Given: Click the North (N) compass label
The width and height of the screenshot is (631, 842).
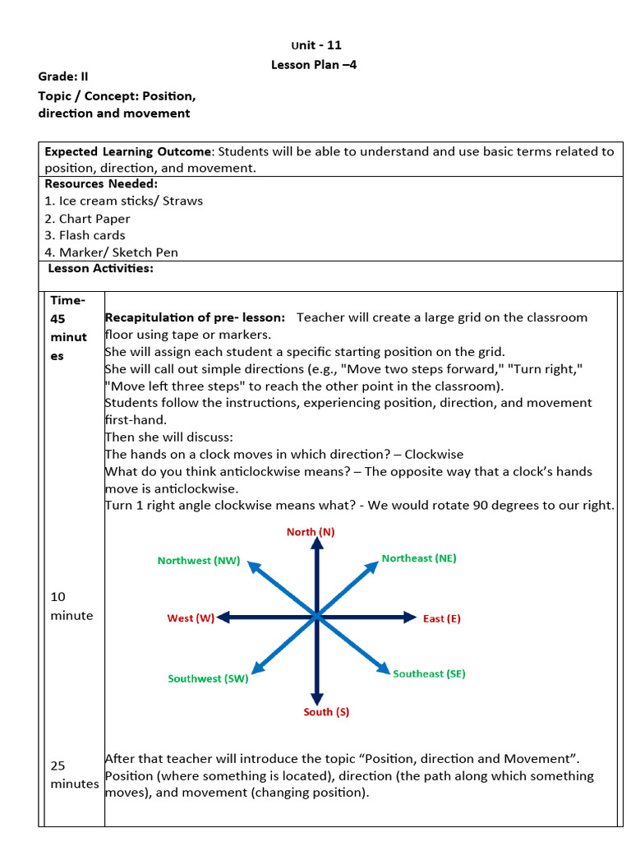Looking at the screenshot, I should pyautogui.click(x=311, y=532).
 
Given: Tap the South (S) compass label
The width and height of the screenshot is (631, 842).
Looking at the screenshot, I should pyautogui.click(x=326, y=712).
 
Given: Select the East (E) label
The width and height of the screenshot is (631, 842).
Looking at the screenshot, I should pyautogui.click(x=442, y=618).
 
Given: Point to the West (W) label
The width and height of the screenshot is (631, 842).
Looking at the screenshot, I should pyautogui.click(x=191, y=618).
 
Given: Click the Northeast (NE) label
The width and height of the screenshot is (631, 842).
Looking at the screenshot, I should pyautogui.click(x=419, y=558).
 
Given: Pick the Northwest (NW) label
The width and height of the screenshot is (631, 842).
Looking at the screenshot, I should pyautogui.click(x=199, y=561).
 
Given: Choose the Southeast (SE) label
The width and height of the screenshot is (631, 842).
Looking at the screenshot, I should pyautogui.click(x=429, y=673).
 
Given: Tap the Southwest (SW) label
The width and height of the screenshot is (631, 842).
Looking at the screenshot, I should pyautogui.click(x=208, y=679).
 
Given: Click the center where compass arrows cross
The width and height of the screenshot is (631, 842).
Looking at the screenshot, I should pyautogui.click(x=316, y=617).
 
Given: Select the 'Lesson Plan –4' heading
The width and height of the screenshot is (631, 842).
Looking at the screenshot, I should pyautogui.click(x=314, y=65).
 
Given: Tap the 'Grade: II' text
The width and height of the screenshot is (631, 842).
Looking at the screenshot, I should pyautogui.click(x=63, y=76).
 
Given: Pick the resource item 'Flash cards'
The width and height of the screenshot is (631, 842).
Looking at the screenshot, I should pyautogui.click(x=85, y=235).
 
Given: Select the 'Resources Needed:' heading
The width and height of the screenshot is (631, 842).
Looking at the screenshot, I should pyautogui.click(x=101, y=184).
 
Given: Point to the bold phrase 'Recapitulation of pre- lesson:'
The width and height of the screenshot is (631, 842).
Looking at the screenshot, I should pyautogui.click(x=195, y=317).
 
